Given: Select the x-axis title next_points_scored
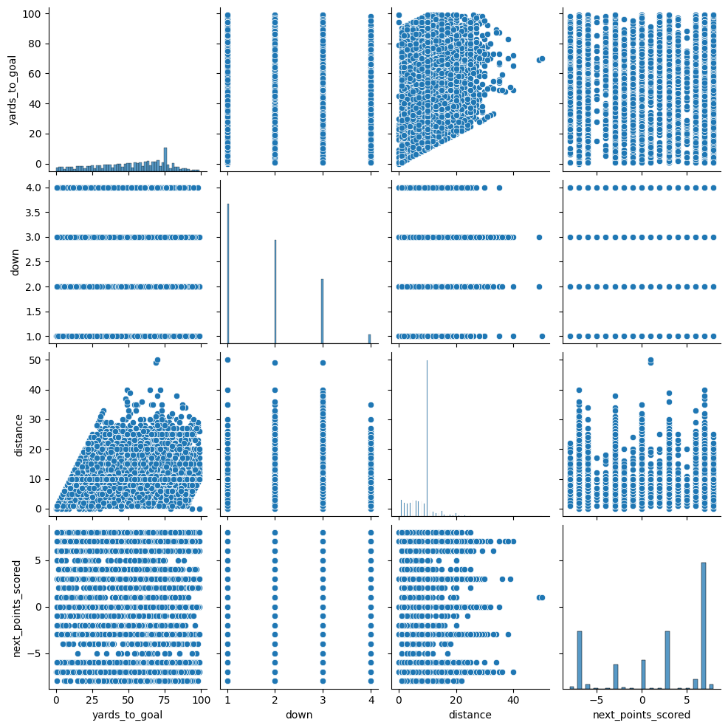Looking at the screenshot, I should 642,715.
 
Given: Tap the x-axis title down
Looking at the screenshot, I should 299,715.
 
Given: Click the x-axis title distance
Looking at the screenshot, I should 470,715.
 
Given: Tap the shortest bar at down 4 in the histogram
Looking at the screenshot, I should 369,339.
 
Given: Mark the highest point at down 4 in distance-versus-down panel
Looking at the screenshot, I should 370,405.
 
